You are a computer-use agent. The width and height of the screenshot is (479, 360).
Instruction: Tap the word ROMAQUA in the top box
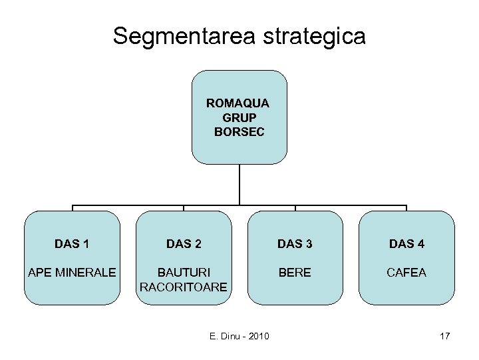tap(239, 103)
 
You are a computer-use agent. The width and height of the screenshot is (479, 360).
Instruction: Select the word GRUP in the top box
tap(239, 117)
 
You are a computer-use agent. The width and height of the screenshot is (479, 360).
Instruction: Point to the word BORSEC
tap(239, 131)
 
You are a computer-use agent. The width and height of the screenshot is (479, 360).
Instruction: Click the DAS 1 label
tap(72, 244)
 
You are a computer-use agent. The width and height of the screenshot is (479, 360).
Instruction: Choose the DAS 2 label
tap(184, 244)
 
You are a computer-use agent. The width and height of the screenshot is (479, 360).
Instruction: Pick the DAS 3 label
tap(295, 244)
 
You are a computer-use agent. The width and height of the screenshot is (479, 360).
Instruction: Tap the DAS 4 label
tap(406, 244)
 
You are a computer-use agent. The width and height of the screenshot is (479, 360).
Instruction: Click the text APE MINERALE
tap(72, 273)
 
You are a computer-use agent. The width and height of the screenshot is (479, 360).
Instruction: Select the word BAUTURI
tap(184, 273)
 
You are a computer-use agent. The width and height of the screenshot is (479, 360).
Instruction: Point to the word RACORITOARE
tap(184, 287)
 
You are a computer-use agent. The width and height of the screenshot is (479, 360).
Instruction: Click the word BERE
tap(295, 273)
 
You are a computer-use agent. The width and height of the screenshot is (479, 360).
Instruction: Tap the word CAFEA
tap(406, 273)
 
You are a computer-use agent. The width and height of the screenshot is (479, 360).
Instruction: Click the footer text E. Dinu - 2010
tap(239, 336)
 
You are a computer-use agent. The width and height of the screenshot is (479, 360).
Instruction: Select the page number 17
tap(445, 336)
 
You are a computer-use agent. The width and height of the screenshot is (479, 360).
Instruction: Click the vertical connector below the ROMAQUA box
tap(239, 184)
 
